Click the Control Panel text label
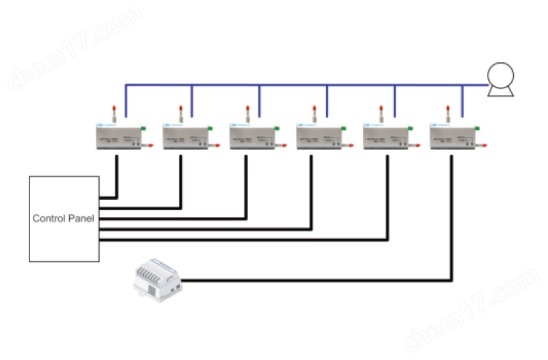tap(64, 219)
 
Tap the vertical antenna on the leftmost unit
tap(114, 113)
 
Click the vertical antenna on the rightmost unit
tap(448, 113)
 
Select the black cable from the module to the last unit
tap(315, 280)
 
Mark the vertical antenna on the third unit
tap(247, 113)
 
